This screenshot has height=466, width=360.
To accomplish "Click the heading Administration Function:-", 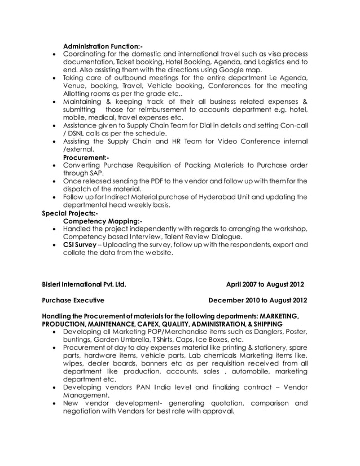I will tap(103, 45).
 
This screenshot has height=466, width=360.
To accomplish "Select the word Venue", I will tap(76, 86).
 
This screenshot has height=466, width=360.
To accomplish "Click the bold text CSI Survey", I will tap(79, 245).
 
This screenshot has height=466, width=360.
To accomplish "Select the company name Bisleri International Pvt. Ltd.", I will tap(84, 284).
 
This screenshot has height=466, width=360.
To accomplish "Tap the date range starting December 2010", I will tap(258, 300).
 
